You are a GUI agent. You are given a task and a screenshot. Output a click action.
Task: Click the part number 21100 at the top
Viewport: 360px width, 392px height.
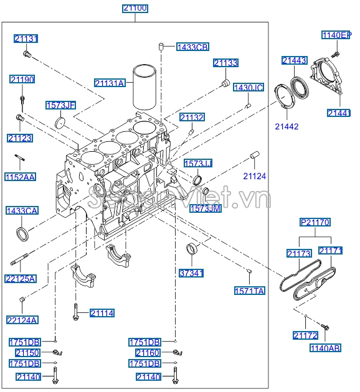click(135, 8)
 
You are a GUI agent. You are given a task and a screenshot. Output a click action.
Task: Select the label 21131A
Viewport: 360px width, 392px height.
click(110, 82)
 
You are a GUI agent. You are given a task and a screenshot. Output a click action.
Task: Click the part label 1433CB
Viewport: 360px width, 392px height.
click(192, 47)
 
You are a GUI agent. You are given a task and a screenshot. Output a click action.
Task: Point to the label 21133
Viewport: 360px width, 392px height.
click(225, 63)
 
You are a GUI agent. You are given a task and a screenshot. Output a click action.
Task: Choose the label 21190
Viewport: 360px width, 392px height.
click(22, 79)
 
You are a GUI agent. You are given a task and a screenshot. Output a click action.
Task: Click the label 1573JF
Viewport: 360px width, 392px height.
click(60, 106)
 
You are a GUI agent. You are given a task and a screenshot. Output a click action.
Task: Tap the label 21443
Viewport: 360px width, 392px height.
click(294, 60)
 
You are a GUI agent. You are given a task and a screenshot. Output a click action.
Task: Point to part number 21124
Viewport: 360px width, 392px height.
click(254, 176)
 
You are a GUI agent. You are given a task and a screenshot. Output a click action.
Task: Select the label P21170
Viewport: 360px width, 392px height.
click(315, 222)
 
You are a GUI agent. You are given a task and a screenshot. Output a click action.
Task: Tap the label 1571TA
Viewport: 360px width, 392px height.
click(249, 291)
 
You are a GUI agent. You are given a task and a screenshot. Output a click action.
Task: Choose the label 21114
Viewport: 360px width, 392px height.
click(102, 313)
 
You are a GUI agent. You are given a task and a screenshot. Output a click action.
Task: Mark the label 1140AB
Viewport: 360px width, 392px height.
click(324, 348)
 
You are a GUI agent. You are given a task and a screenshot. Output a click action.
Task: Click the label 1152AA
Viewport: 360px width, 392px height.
click(21, 177)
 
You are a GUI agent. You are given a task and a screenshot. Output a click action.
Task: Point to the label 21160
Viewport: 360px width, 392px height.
click(148, 353)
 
